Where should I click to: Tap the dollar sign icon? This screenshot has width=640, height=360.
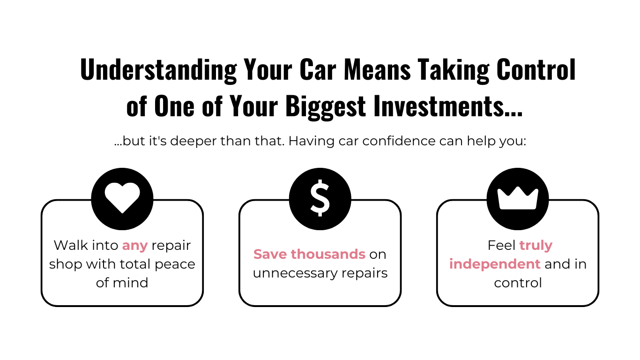pyautogui.click(x=320, y=198)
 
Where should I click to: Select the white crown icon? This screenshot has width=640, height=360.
pyautogui.click(x=518, y=198)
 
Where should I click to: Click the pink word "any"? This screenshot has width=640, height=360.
pyautogui.click(x=135, y=246)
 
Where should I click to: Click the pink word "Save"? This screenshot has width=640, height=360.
pyautogui.click(x=270, y=254)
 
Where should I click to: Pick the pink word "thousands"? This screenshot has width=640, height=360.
pyautogui.click(x=328, y=254)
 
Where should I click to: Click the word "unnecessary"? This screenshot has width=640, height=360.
pyautogui.click(x=294, y=273)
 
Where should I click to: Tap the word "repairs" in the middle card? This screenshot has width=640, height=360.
pyautogui.click(x=365, y=273)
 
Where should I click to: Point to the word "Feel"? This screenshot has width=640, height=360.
pyautogui.click(x=501, y=245)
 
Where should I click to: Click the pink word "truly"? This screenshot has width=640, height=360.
pyautogui.click(x=536, y=246)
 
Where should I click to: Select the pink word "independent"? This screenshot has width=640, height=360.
pyautogui.click(x=495, y=264)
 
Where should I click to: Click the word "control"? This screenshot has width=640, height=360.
pyautogui.click(x=518, y=283)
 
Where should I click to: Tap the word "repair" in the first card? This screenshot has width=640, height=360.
pyautogui.click(x=171, y=246)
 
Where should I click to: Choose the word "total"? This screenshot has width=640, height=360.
pyautogui.click(x=135, y=264)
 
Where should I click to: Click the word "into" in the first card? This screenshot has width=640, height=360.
pyautogui.click(x=105, y=245)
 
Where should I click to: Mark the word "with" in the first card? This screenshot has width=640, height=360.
pyautogui.click(x=102, y=264)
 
